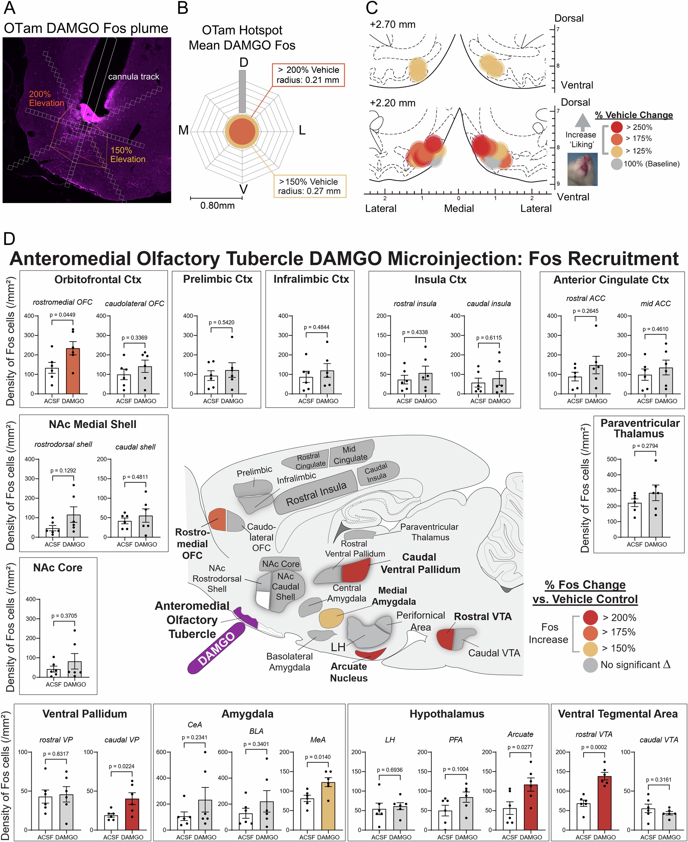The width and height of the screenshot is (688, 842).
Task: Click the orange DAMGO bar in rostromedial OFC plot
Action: [72, 371]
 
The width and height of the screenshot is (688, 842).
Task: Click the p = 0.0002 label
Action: [594, 747]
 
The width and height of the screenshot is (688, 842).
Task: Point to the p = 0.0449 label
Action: [62, 315]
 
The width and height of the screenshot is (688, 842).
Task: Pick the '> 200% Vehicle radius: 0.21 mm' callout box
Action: [308, 75]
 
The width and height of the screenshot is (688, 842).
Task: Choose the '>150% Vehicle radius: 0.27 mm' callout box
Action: [310, 186]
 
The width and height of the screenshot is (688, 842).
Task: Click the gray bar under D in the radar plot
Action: [242, 92]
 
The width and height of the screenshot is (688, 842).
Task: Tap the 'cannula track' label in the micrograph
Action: [134, 76]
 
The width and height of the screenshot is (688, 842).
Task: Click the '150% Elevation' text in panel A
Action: [128, 155]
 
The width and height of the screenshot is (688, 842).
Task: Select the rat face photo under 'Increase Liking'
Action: [582, 169]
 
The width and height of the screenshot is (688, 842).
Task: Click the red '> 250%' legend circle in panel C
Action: [616, 127]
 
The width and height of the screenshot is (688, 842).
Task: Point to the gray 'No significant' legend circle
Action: [590, 665]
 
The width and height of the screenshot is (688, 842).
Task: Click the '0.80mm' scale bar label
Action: [217, 205]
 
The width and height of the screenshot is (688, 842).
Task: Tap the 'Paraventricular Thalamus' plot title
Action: [639, 428]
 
